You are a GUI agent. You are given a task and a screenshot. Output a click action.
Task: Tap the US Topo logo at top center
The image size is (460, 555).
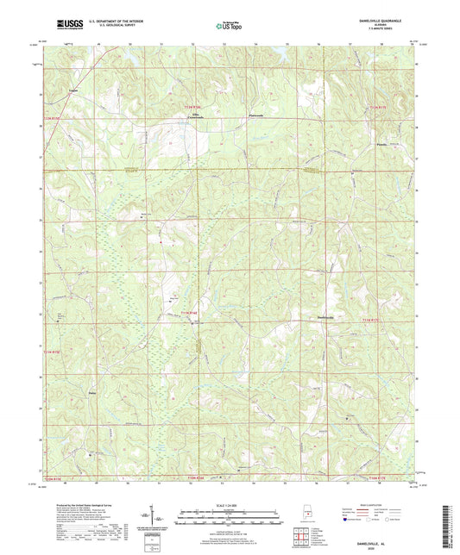click(x=230, y=27)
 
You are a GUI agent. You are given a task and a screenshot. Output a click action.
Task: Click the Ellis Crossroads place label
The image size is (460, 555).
click(x=176, y=128)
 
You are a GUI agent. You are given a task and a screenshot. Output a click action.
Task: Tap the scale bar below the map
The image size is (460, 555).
click(x=230, y=517)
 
